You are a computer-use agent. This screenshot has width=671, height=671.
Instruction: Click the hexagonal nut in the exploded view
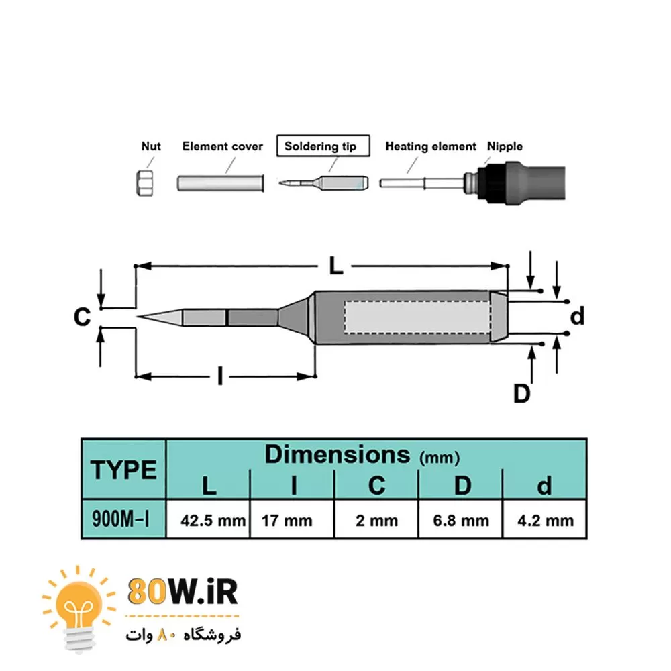146,183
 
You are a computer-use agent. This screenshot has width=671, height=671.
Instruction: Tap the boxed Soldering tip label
323,146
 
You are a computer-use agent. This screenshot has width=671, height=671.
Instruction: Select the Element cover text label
222,146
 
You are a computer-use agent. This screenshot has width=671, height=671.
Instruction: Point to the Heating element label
430,146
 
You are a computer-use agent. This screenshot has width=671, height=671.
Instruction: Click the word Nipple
505,146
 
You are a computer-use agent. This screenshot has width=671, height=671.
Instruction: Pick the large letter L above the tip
336,266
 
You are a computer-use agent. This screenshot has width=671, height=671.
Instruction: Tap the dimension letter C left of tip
82,317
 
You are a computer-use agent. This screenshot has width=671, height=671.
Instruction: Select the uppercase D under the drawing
521,393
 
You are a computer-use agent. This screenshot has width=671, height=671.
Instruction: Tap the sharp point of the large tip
138,317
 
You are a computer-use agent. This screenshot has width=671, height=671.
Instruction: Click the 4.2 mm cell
544,520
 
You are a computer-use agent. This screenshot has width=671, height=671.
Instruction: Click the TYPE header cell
123,470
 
